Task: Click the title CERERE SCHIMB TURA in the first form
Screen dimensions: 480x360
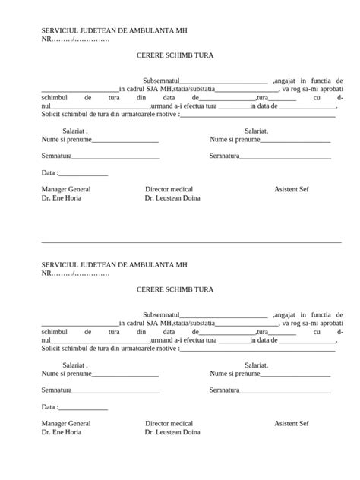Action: click(175, 55)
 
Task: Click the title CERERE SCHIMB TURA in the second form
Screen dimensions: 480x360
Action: click(175, 289)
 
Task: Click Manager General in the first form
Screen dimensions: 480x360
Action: click(66, 189)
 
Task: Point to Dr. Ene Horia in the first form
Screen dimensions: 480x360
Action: click(61, 197)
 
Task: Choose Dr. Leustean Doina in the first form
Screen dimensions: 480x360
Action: click(172, 197)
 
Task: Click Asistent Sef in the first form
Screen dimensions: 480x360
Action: click(292, 189)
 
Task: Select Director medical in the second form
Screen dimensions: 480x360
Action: click(169, 423)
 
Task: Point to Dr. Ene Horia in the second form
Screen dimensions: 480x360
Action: click(61, 432)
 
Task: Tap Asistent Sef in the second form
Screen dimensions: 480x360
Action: click(292, 423)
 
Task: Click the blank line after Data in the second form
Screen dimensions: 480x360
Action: click(84, 409)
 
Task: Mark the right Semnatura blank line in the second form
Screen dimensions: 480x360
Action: click(285, 391)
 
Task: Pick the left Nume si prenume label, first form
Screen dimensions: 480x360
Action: click(67, 140)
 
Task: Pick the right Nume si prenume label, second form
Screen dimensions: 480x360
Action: click(235, 374)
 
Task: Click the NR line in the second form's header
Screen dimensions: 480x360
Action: click(75, 273)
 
